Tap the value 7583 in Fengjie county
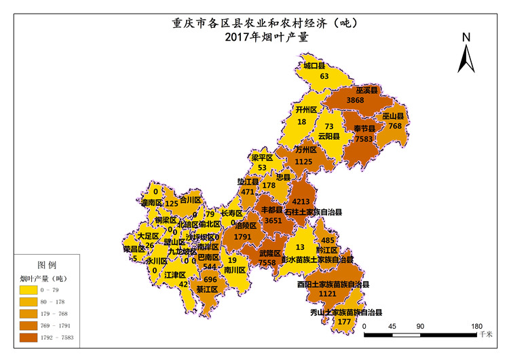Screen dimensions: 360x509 [363, 139]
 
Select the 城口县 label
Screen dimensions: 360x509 [314, 66]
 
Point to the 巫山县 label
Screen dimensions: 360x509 [393, 116]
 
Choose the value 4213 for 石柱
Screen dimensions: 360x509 [301, 202]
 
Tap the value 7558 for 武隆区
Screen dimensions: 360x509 [267, 262]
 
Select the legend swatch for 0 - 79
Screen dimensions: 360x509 [31, 289]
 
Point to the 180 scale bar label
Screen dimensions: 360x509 [476, 326]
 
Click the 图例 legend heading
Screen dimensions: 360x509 [47, 264]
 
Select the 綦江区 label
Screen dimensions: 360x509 [207, 289]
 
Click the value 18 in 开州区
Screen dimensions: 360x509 [301, 122]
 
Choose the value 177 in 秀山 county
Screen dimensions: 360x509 [344, 321]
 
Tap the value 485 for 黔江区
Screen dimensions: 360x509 [328, 240]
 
